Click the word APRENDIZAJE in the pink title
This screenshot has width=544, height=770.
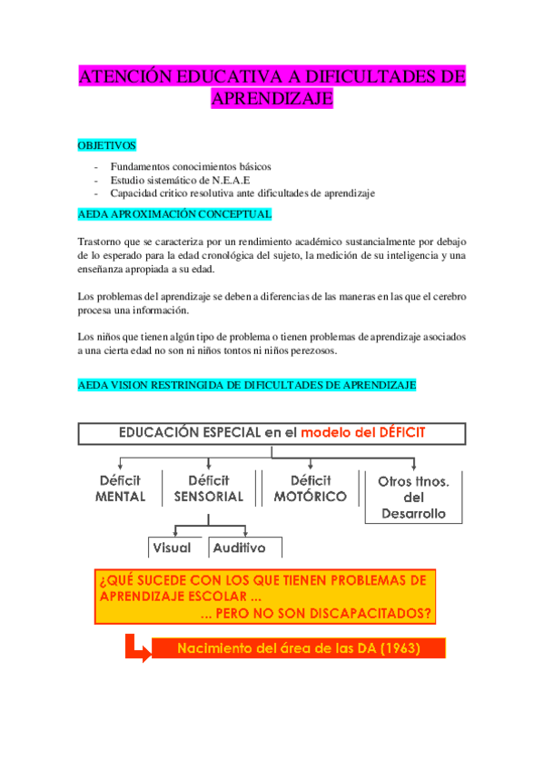[272, 99]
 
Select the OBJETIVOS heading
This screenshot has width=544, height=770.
[106, 144]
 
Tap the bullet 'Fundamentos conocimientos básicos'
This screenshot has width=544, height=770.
[191, 166]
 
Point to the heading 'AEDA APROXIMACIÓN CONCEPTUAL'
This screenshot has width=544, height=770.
[174, 214]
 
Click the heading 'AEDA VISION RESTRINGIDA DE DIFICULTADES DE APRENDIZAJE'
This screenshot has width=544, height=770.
[247, 385]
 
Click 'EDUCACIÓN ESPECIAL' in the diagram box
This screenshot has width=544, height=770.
[189, 433]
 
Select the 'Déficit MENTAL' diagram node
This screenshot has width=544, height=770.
[120, 489]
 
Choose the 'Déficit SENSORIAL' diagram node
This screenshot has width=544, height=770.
[208, 489]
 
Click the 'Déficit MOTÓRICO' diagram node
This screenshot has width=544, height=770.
[310, 489]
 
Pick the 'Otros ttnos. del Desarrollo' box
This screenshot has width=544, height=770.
[413, 497]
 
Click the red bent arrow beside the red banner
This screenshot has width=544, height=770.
[136, 648]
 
